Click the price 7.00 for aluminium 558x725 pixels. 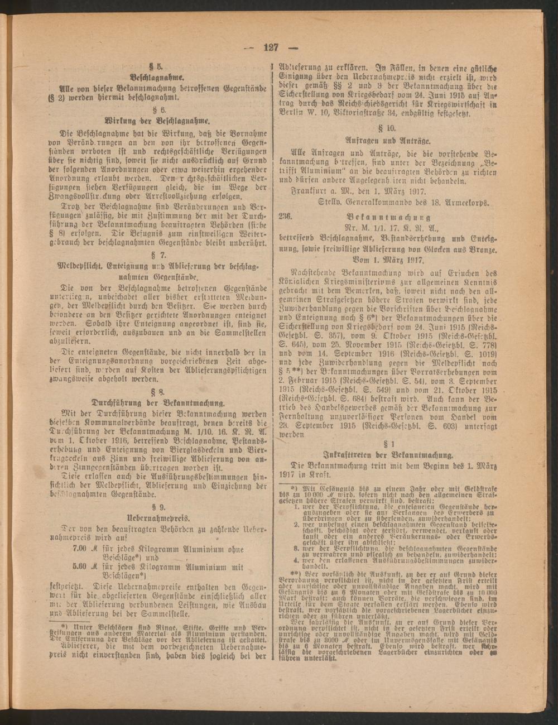point(80,549)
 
